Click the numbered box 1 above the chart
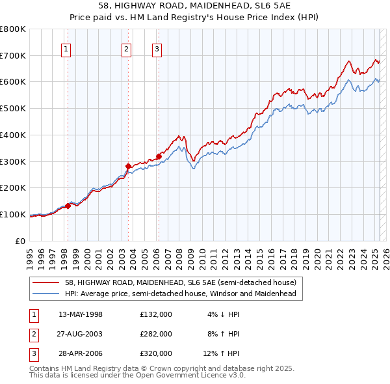coord(67,48)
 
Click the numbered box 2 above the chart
coord(126,48)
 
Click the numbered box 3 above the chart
coord(157,48)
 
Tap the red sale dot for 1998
coord(68,206)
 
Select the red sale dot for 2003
coord(128,166)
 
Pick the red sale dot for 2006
coord(159,156)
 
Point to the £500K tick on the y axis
coord(12,109)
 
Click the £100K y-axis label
coord(12,214)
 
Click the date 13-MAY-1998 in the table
coord(81,314)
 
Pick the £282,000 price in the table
coord(155,334)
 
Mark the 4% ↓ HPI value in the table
coord(223,314)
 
